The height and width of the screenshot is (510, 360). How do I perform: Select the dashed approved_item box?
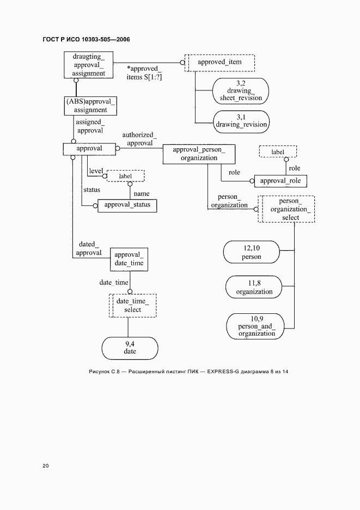(x=219, y=63)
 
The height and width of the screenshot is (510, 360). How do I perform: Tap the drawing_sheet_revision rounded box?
(x=241, y=92)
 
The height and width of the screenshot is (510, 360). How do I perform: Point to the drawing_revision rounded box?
(x=241, y=121)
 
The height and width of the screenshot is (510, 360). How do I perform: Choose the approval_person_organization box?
(x=199, y=154)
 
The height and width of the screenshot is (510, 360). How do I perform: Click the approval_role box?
(x=280, y=181)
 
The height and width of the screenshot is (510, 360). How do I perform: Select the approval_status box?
(x=127, y=205)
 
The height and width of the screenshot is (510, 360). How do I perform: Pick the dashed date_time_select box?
(x=132, y=306)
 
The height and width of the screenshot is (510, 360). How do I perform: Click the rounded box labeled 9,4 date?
(x=130, y=348)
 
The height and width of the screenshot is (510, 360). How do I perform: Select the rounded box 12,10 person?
(x=252, y=252)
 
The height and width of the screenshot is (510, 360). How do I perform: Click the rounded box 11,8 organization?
(x=254, y=288)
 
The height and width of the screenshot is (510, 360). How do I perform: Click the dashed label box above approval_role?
(x=278, y=153)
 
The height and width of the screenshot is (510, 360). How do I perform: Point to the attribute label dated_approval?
(x=88, y=248)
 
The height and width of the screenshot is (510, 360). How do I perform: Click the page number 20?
(x=46, y=466)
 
